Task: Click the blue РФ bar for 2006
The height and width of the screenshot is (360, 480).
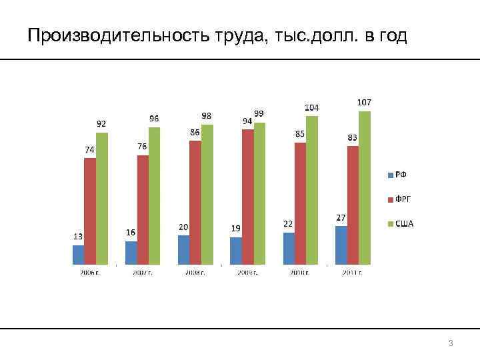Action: pyautogui.click(x=78, y=255)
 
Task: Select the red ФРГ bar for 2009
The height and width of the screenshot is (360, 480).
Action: pyautogui.click(x=247, y=197)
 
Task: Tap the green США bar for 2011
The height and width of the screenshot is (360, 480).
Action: pyautogui.click(x=364, y=187)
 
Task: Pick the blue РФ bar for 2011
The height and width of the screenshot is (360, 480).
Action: pyautogui.click(x=341, y=245)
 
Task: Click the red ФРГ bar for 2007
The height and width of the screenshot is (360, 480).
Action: pyautogui.click(x=143, y=209)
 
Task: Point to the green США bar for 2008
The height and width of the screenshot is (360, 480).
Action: pyautogui.click(x=207, y=194)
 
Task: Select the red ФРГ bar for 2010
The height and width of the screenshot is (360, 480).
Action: pyautogui.click(x=300, y=203)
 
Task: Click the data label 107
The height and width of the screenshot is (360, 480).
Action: pyautogui.click(x=364, y=102)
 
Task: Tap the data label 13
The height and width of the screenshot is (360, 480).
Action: pyautogui.click(x=78, y=236)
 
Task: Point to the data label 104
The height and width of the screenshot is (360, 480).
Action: pyautogui.click(x=311, y=107)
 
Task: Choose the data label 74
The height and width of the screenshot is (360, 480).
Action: pyautogui.click(x=89, y=149)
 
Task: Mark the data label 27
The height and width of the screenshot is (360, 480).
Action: pyautogui.click(x=341, y=217)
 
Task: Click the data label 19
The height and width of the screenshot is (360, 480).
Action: pyautogui.click(x=236, y=228)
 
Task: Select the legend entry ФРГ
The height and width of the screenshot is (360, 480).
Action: pyautogui.click(x=403, y=199)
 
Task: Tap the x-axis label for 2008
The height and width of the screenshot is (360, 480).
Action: pyautogui.click(x=194, y=272)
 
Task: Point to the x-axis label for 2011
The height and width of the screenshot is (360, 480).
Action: pyautogui.click(x=351, y=272)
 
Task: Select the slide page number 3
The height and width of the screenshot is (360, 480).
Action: pyautogui.click(x=451, y=343)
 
